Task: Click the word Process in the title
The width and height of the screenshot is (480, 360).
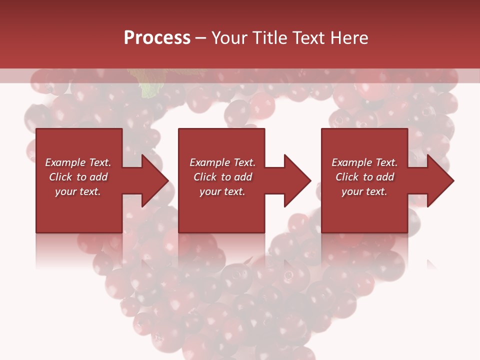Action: point(157,38)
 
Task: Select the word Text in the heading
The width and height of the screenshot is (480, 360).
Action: point(308,38)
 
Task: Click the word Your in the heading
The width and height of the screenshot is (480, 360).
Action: point(230,38)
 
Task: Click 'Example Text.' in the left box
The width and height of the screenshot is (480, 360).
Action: point(78,162)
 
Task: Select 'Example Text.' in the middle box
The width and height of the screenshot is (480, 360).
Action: point(222,162)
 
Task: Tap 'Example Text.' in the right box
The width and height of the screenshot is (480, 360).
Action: point(364,162)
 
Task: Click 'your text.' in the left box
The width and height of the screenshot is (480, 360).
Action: point(78,191)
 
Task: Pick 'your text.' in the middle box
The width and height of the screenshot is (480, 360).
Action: point(222,191)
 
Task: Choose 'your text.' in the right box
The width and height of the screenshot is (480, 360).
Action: point(364,191)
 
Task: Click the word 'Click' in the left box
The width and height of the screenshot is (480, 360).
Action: point(61,177)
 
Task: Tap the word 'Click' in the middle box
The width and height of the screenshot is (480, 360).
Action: point(205,177)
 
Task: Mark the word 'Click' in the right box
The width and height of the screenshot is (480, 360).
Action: point(347,177)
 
